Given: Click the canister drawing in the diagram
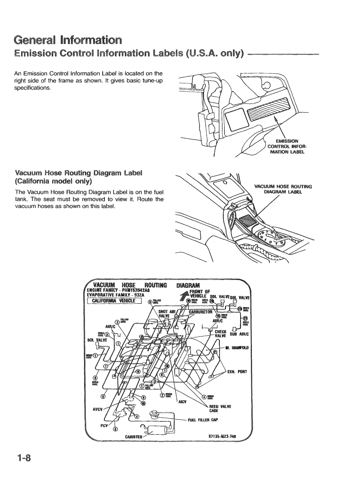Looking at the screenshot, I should click(157, 430).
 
